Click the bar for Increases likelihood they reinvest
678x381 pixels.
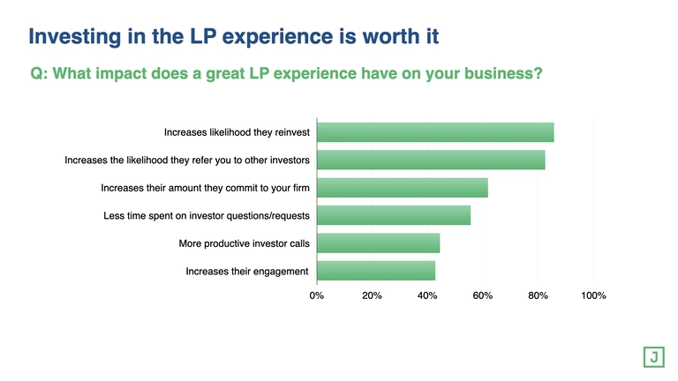(x=435, y=132)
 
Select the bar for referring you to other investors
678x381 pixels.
(x=431, y=160)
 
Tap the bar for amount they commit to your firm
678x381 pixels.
(x=402, y=188)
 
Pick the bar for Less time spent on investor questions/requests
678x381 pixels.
(x=394, y=215)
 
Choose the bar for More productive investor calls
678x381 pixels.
(x=378, y=243)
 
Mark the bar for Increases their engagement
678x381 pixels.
(x=376, y=271)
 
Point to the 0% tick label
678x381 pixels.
(x=317, y=296)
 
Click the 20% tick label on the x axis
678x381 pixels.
(x=372, y=296)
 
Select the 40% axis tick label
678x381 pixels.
(x=427, y=296)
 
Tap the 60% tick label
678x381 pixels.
(x=483, y=296)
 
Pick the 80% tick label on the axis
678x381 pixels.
(x=538, y=296)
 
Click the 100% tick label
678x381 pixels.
(x=593, y=296)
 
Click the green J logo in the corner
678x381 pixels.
(x=654, y=356)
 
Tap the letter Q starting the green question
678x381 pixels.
(x=37, y=74)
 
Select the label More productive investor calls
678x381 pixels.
(x=243, y=243)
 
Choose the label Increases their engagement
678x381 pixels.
(x=246, y=271)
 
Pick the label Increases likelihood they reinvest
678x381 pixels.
(x=236, y=132)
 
